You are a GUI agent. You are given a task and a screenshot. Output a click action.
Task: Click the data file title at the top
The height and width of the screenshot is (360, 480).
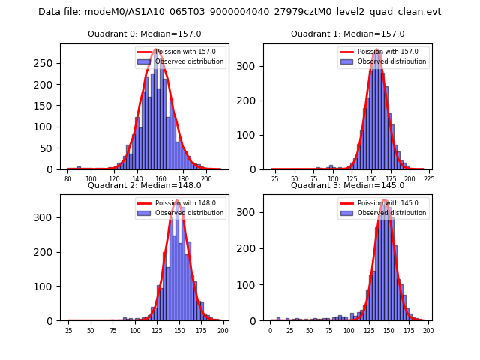point(239,12)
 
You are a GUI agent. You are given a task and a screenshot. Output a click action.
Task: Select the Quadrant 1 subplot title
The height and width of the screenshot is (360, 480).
point(347,34)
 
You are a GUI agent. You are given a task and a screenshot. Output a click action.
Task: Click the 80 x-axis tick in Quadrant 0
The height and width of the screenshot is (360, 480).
point(68,178)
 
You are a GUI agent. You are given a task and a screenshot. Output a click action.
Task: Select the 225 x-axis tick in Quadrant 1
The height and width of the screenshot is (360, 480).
point(429,178)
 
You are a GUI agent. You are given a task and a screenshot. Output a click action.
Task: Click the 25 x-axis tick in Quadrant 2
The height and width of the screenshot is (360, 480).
point(68,330)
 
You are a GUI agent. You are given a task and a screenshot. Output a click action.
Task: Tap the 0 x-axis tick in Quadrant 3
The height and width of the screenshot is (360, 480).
point(271,330)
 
